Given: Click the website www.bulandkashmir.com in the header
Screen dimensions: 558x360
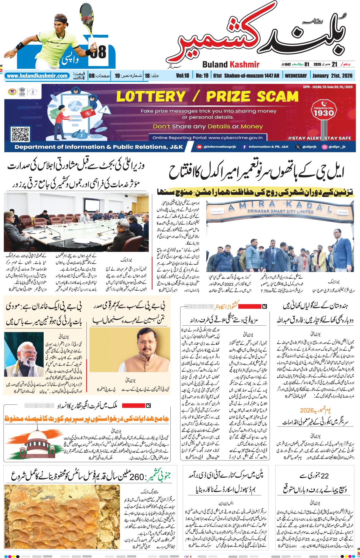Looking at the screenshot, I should (37, 76).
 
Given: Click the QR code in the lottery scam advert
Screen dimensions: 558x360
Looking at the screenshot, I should (20, 134).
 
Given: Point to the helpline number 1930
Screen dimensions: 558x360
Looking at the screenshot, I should (323, 113).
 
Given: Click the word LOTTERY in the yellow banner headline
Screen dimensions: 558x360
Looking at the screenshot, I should (151, 96).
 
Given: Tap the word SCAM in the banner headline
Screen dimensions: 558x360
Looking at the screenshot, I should (278, 96).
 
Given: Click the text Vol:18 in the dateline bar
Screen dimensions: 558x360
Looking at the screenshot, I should (182, 76).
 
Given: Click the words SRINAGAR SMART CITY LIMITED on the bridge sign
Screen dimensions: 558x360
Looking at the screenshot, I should (280, 211).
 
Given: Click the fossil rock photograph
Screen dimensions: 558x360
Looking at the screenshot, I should (62, 516).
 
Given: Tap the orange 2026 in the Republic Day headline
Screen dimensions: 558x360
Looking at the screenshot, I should (307, 410).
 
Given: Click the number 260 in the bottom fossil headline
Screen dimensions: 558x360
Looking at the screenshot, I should (137, 477).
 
